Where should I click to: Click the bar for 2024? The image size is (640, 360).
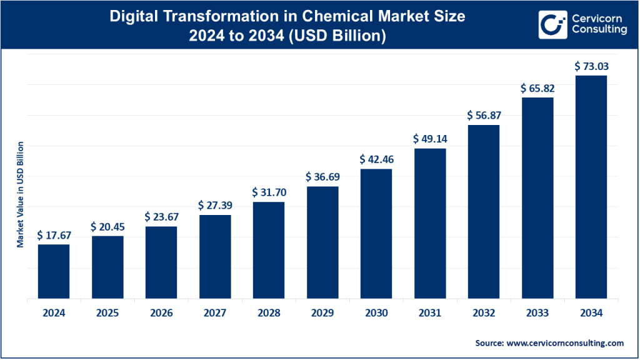pyautogui.click(x=54, y=271)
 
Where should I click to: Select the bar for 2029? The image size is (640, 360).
pyautogui.click(x=322, y=242)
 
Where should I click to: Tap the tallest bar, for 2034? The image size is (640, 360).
pyautogui.click(x=591, y=187)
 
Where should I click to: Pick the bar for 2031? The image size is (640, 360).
pyautogui.click(x=430, y=223)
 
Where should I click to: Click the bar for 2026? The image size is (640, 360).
pyautogui.click(x=161, y=262)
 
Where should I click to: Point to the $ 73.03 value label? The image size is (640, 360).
pyautogui.click(x=591, y=66)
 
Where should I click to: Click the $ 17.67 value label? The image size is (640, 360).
pyautogui.click(x=54, y=235)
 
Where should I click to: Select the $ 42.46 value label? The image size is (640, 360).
pyautogui.click(x=376, y=159)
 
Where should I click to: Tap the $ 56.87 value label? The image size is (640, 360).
pyautogui.click(x=484, y=116)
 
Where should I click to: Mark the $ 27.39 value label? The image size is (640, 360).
pyautogui.click(x=215, y=206)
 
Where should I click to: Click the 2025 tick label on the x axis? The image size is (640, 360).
pyautogui.click(x=107, y=314)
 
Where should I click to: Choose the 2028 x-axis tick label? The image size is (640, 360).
pyautogui.click(x=269, y=314)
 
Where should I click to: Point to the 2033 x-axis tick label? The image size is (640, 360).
pyautogui.click(x=537, y=314)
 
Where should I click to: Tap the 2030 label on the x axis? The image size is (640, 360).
pyautogui.click(x=376, y=314)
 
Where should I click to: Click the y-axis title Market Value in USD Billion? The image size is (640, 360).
pyautogui.click(x=20, y=194)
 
